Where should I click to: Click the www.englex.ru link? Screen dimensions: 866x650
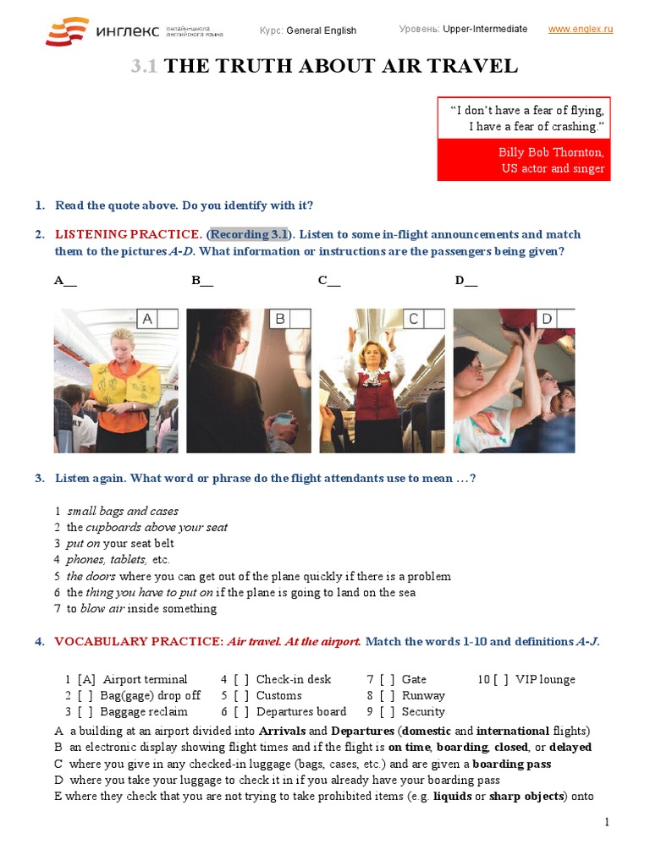(x=580, y=29)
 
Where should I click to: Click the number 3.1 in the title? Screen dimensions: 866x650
(x=144, y=67)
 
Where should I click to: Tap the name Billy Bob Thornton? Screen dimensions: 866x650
(x=551, y=152)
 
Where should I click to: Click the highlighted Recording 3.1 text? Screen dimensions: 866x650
(x=249, y=234)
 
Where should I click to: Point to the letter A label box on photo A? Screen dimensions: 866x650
(x=147, y=319)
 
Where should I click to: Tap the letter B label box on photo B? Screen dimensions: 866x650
(x=280, y=319)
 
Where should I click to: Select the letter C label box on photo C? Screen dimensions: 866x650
(x=413, y=319)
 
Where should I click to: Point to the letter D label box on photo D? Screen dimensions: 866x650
(x=546, y=319)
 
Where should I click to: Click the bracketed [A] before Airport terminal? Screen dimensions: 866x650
(x=86, y=679)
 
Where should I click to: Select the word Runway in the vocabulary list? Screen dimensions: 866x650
(x=423, y=695)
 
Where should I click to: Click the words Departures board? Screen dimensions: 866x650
(x=301, y=711)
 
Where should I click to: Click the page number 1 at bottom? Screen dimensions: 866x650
(x=607, y=822)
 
